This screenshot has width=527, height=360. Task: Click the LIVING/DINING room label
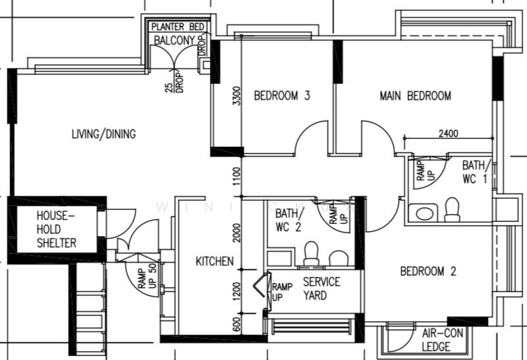[x=103, y=134]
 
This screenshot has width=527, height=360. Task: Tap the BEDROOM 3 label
[x=282, y=96]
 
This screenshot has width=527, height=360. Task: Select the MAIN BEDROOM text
[x=415, y=96]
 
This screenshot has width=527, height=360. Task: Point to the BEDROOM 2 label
[x=428, y=271]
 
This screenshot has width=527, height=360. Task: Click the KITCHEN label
[x=214, y=261]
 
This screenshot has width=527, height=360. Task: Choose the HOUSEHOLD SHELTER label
[x=56, y=229]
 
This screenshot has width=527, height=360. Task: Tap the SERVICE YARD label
[x=321, y=288]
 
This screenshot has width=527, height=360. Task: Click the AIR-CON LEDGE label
[x=442, y=340]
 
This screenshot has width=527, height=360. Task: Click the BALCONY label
[x=175, y=40]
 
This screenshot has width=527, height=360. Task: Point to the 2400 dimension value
[x=447, y=133]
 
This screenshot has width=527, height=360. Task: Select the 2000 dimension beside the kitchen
[x=236, y=232]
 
